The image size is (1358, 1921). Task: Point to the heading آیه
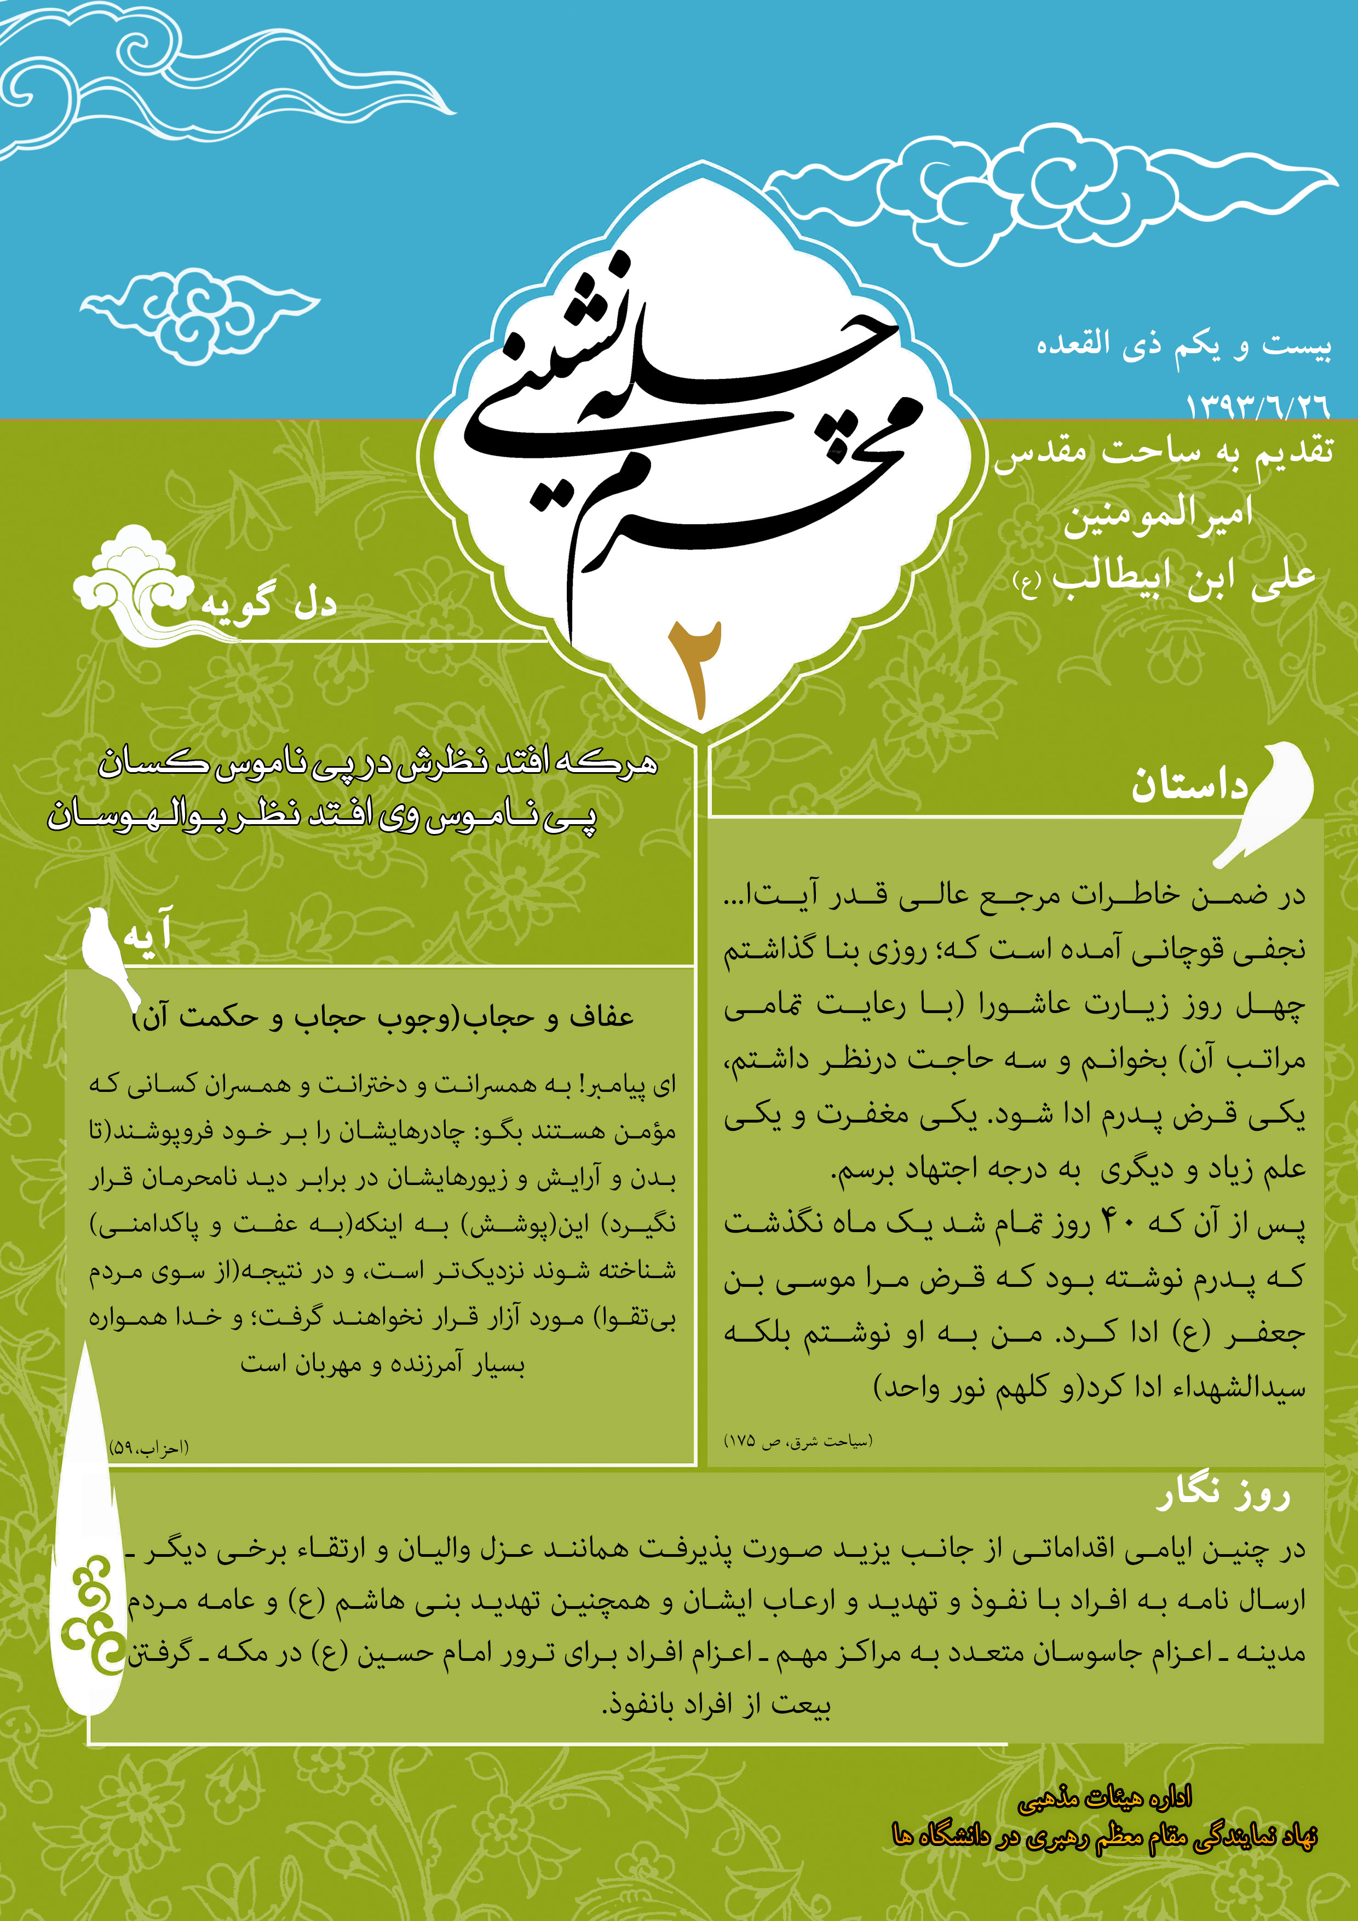click(147, 932)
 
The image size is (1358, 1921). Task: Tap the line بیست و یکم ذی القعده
click(1183, 344)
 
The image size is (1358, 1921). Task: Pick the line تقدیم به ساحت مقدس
click(1163, 453)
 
